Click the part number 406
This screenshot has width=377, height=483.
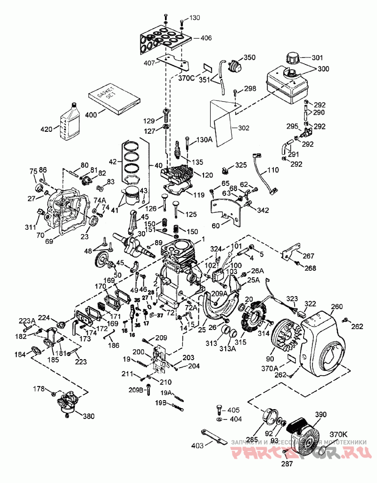tap(206, 38)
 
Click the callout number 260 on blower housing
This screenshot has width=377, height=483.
tap(336, 306)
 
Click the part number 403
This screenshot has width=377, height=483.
tap(198, 445)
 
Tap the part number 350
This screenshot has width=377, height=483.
tap(249, 57)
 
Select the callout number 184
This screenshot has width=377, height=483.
tap(20, 354)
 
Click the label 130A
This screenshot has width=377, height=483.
tap(205, 139)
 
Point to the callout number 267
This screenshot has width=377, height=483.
tap(309, 257)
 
